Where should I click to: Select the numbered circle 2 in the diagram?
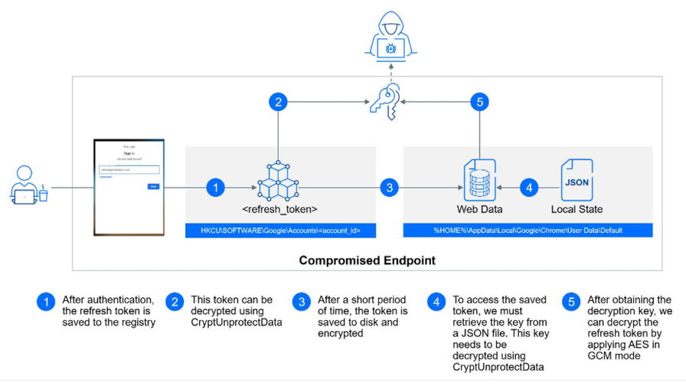(x=278, y=103)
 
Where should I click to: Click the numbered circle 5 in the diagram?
(x=479, y=103)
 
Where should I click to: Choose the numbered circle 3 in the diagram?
(x=390, y=187)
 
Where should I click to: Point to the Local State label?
(x=577, y=209)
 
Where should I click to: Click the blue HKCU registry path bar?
(x=280, y=231)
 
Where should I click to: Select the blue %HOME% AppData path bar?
(x=528, y=231)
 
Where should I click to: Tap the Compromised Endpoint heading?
(x=367, y=260)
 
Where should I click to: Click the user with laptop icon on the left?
(x=28, y=187)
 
